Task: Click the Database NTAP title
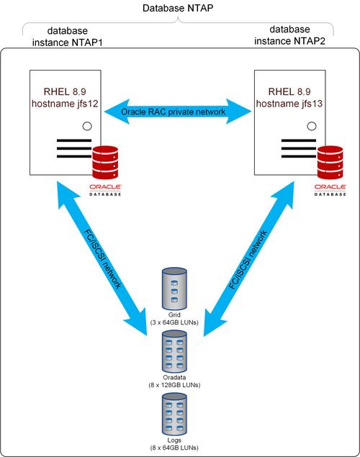coord(179,8)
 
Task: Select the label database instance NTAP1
coord(68,37)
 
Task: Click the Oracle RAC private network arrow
coord(177,112)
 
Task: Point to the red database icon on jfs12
coord(105,163)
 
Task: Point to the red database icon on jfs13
coord(330,163)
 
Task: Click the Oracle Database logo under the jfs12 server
coord(105,189)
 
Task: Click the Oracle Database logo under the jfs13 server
coord(330,189)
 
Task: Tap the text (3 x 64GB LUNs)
coord(179,322)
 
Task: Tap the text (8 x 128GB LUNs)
coord(179,386)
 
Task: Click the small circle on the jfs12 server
coord(86,127)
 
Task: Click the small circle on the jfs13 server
coord(311,127)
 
